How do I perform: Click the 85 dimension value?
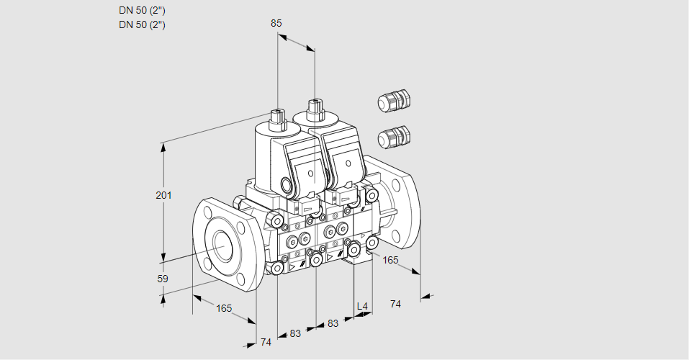pyautogui.click(x=276, y=24)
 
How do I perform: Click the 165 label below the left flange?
pyautogui.click(x=224, y=308)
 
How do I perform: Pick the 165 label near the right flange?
pyautogui.click(x=390, y=260)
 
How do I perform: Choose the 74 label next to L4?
pyautogui.click(x=395, y=304)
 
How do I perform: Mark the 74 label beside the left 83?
pyautogui.click(x=266, y=342)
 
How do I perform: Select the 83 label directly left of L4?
pyautogui.click(x=333, y=323)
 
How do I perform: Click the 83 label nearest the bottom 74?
pyautogui.click(x=295, y=333)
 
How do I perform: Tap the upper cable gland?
pyautogui.click(x=393, y=101)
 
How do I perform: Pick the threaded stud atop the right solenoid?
pyautogui.click(x=315, y=109)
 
